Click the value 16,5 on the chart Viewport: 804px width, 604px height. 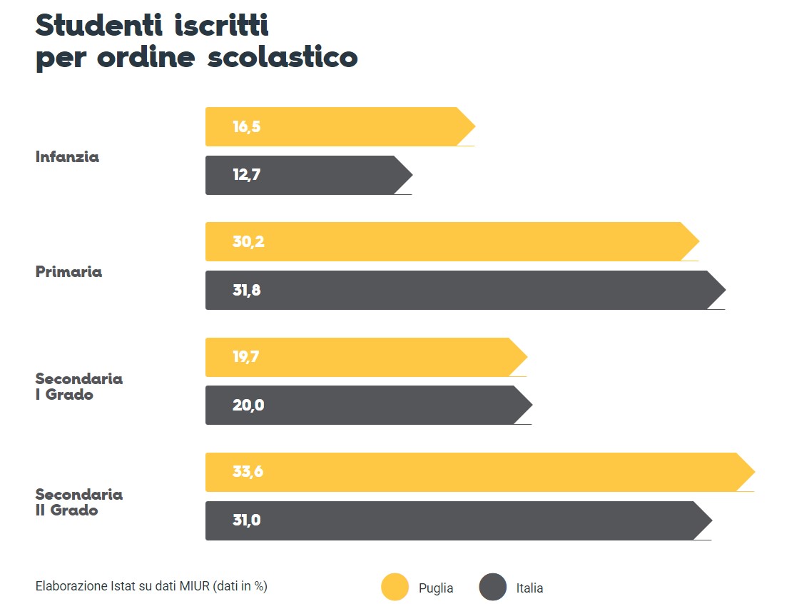(x=246, y=127)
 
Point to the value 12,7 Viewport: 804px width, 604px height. (x=246, y=175)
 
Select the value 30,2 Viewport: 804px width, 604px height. (x=248, y=241)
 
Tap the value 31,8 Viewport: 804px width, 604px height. (x=246, y=290)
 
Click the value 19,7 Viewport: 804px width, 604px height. (x=245, y=357)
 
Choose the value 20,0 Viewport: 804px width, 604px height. (x=248, y=405)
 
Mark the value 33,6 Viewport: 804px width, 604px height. (x=248, y=472)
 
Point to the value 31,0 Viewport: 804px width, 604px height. (x=246, y=520)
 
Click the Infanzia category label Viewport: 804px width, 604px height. (x=67, y=157)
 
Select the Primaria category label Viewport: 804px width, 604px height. (x=68, y=272)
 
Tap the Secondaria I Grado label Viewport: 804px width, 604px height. (x=78, y=386)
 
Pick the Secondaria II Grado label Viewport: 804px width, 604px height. (x=78, y=502)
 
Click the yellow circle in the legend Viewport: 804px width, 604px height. (x=395, y=588)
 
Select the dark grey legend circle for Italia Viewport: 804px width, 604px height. (x=492, y=588)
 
